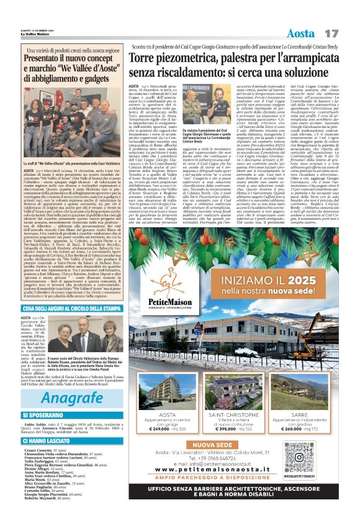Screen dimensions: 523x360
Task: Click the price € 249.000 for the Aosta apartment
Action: pyautogui.click(x=161, y=429)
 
